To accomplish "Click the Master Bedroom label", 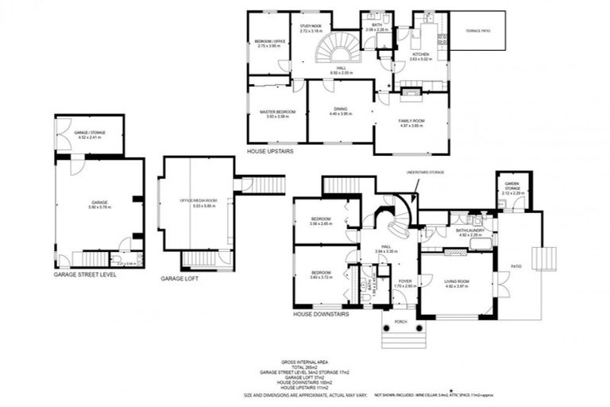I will (277, 112).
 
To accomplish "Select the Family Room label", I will (411, 120).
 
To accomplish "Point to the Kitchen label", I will (420, 54).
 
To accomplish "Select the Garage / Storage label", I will (88, 133).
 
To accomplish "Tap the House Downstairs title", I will (320, 314).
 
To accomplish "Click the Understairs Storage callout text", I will (424, 171).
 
